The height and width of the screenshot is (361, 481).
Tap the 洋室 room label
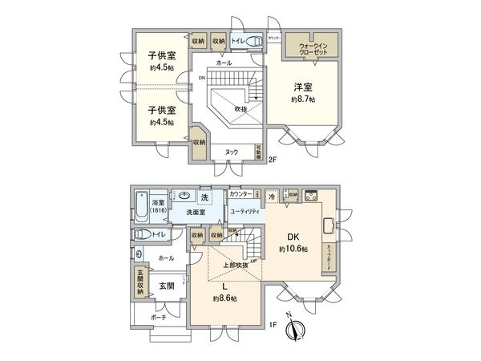tap(302, 87)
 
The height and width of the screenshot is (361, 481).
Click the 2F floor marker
tap(272, 159)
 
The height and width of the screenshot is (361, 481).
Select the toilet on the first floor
tap(142, 234)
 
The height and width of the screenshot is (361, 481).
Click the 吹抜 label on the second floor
tap(240, 108)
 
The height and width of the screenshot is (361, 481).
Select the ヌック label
tap(230, 151)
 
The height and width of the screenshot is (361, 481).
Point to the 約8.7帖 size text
tap(302, 99)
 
